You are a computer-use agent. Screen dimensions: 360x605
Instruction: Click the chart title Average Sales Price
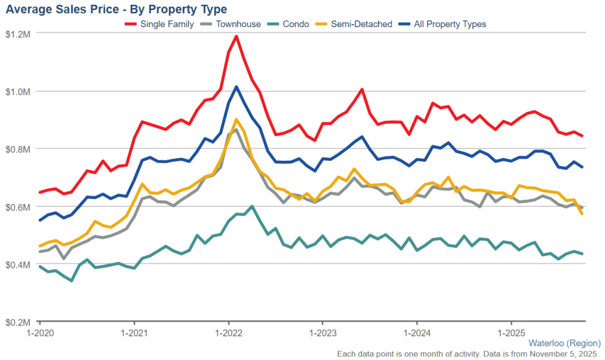pos(117,9)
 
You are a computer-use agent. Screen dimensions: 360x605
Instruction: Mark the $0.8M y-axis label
pos(18,149)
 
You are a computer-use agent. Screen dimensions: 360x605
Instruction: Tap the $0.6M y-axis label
pos(18,207)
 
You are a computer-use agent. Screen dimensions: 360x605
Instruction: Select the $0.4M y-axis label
pos(18,264)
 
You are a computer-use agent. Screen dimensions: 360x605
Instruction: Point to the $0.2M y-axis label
pos(18,322)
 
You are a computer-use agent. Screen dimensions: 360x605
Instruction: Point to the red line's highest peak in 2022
pos(237,36)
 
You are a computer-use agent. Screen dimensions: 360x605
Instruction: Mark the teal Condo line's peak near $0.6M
pos(253,206)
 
